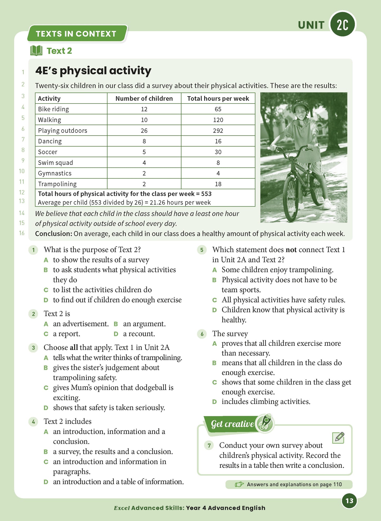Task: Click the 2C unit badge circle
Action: pos(343,24)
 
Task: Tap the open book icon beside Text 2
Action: pos(36,51)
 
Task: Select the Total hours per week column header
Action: pos(218,98)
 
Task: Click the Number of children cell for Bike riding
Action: pos(144,109)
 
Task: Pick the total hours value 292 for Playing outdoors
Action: pos(218,130)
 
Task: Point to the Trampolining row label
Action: pos(57,184)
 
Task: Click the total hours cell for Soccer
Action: pos(218,152)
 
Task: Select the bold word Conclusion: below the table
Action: pos(54,234)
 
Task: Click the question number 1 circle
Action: pos(33,250)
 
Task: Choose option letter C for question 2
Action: pos(46,334)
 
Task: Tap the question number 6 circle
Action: pos(202,334)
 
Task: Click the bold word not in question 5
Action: pos(291,250)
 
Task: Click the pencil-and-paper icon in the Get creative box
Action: pos(339,438)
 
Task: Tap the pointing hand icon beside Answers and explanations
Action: pos(239,484)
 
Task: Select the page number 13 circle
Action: pos(349,501)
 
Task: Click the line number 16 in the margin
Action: pos(22,233)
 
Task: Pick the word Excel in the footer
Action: pos(122,508)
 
